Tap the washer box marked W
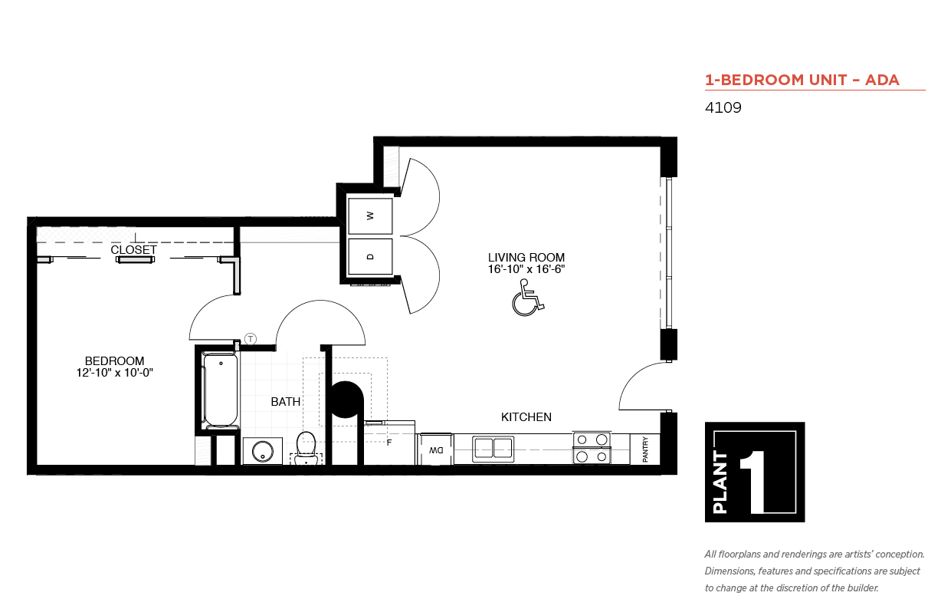click(370, 216)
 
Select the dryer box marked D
click(370, 256)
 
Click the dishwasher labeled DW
click(435, 449)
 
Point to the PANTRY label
click(645, 449)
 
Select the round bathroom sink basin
click(263, 452)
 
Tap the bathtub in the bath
click(220, 390)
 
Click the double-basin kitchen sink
click(493, 449)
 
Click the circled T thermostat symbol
click(251, 338)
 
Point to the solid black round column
click(346, 400)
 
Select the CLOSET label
click(133, 250)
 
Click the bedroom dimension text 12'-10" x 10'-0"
click(115, 373)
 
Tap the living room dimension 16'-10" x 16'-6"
click(526, 269)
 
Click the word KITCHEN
click(526, 416)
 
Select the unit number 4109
click(723, 107)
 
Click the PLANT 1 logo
click(755, 472)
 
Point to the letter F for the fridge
click(389, 443)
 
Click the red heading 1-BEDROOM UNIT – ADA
click(802, 80)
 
